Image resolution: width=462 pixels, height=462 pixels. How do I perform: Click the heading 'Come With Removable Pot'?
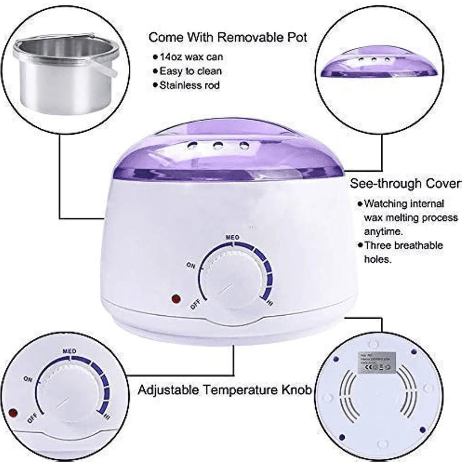[227, 37]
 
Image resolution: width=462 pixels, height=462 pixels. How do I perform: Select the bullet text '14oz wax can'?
[191, 57]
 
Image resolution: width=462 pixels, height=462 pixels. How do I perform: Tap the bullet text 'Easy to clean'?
[190, 71]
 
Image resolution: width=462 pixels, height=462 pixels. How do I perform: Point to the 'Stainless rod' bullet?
[189, 86]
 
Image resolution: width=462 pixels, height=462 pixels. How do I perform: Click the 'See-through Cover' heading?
[405, 184]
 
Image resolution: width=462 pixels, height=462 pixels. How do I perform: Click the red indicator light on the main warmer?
[175, 299]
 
